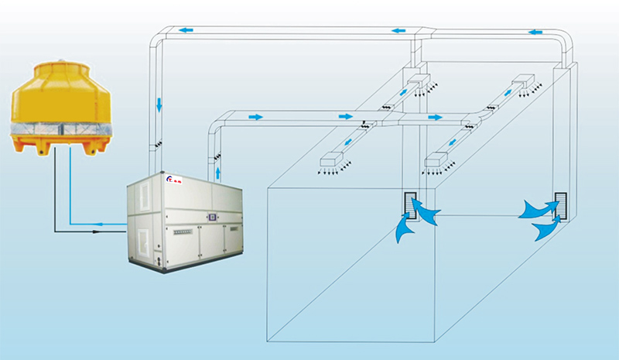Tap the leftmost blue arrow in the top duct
(x=186, y=30)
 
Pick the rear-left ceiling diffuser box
(x=418, y=81)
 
